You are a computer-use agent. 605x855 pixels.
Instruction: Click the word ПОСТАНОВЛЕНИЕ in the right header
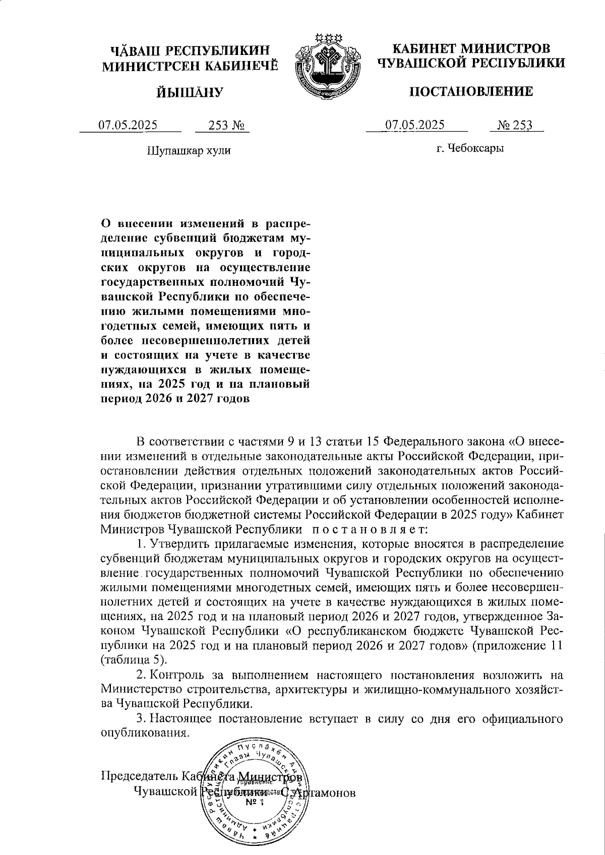(470, 92)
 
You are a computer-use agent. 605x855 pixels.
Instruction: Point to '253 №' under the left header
(222, 125)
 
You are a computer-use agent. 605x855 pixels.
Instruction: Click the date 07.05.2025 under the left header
(128, 125)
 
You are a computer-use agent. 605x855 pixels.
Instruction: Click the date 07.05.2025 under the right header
(414, 125)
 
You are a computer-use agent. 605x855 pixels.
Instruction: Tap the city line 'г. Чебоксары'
(470, 148)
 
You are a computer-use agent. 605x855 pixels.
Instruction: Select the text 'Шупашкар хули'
(189, 150)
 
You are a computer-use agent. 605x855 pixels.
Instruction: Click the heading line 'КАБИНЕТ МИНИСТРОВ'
(471, 49)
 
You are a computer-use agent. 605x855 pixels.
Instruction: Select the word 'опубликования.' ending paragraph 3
(145, 732)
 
